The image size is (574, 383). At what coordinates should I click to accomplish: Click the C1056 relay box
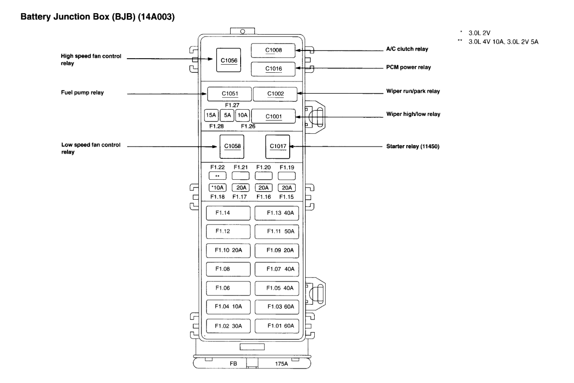click(229, 60)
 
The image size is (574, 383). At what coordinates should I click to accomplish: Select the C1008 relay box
click(274, 50)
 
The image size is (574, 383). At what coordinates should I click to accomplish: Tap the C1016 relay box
click(274, 69)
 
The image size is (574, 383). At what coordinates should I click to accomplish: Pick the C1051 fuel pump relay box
click(230, 94)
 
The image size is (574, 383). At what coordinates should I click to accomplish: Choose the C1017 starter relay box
click(277, 146)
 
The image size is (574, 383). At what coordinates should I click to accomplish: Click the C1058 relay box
click(232, 146)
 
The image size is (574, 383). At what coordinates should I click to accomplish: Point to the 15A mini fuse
click(211, 116)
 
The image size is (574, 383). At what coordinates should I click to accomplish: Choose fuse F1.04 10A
click(228, 307)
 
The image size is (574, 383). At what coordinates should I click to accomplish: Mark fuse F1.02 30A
click(228, 326)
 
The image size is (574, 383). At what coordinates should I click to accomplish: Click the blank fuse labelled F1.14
click(228, 212)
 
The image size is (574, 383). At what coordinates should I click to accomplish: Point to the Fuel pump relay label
click(82, 93)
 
